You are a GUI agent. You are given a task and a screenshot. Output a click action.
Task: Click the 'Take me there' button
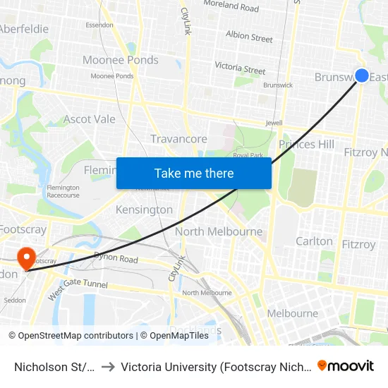(x=193, y=173)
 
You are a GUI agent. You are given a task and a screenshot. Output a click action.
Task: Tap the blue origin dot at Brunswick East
(x=362, y=75)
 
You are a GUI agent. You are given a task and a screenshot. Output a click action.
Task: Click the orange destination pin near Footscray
(x=26, y=257)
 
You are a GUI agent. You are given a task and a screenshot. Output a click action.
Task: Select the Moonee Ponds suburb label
(x=121, y=60)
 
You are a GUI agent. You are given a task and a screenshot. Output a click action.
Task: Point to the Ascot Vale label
(x=89, y=119)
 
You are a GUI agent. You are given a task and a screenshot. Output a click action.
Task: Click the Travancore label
(x=178, y=139)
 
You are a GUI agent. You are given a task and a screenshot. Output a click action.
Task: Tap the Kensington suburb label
(x=144, y=210)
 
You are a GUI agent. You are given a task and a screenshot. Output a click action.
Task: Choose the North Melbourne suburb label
(x=219, y=231)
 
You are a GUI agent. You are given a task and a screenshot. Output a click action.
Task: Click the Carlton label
(x=314, y=241)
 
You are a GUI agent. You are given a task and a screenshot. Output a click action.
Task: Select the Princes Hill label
(x=306, y=145)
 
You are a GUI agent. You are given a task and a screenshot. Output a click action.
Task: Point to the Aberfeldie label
(x=24, y=29)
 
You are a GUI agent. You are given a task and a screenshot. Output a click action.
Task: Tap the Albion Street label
(x=249, y=37)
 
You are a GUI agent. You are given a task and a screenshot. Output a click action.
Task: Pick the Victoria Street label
(x=240, y=68)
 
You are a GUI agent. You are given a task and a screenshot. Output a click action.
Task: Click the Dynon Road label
(x=116, y=259)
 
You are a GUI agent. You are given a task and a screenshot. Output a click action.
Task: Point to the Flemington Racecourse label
(x=63, y=191)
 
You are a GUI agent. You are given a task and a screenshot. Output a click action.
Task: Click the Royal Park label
(x=247, y=155)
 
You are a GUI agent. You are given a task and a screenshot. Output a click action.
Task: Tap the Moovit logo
(x=346, y=365)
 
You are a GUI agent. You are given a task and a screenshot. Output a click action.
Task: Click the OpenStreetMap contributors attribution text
(x=71, y=336)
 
